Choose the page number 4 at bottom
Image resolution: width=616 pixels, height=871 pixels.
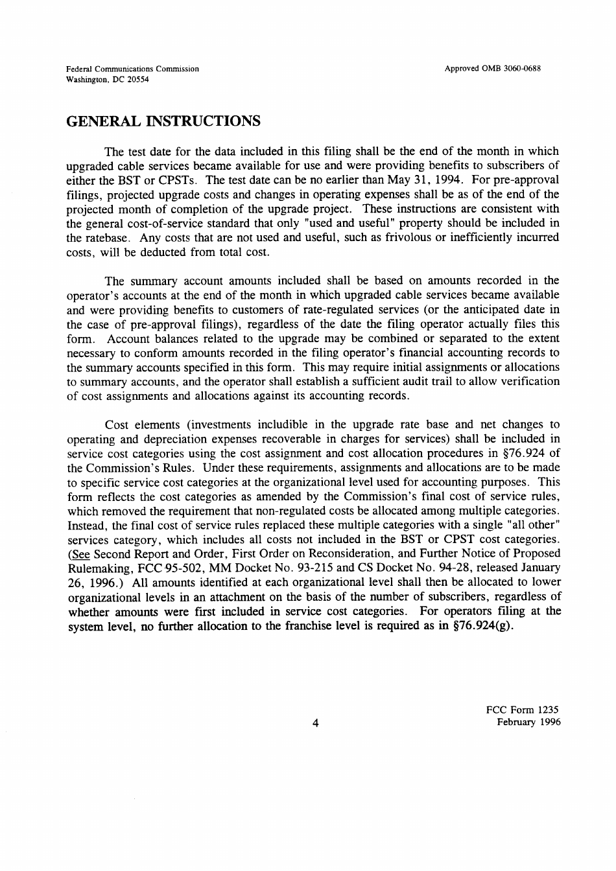click(314, 724)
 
